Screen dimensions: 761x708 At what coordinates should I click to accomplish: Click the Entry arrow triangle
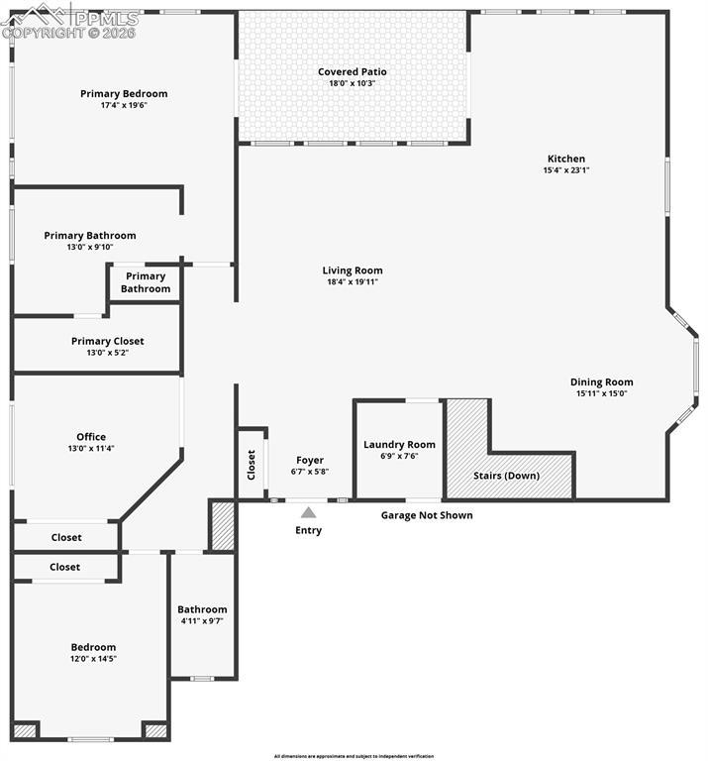(308, 512)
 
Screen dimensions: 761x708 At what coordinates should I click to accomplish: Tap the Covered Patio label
(352, 71)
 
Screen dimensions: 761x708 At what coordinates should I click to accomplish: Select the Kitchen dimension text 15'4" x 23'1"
(566, 170)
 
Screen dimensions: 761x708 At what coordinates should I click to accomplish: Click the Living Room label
(352, 271)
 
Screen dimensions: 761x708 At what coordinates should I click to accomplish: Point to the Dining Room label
(601, 381)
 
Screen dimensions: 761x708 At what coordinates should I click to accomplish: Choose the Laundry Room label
(399, 445)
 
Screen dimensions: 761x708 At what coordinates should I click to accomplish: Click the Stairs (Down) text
(506, 476)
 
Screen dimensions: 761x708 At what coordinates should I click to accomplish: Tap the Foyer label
(310, 461)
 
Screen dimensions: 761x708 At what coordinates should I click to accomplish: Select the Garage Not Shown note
(427, 515)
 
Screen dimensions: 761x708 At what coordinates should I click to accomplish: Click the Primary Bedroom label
(124, 94)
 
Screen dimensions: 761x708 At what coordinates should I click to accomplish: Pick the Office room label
(91, 437)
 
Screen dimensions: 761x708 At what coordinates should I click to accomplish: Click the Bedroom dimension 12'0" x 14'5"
(92, 659)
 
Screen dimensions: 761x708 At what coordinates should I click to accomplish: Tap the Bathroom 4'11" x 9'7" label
(202, 621)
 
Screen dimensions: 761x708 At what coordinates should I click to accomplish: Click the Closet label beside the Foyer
(252, 464)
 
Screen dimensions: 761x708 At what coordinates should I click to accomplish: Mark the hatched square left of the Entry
(223, 526)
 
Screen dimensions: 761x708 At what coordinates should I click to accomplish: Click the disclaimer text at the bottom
(354, 755)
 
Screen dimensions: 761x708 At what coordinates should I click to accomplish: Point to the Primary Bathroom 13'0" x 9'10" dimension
(90, 248)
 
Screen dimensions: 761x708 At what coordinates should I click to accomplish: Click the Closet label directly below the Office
(65, 537)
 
